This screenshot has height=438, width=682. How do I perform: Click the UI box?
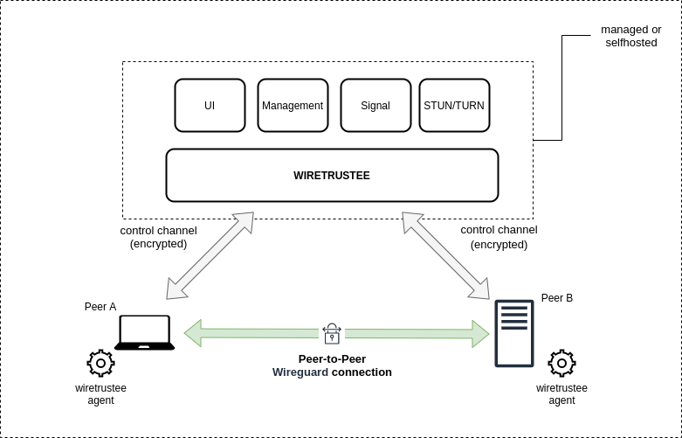pos(210,106)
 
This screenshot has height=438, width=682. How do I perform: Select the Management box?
pos(293,106)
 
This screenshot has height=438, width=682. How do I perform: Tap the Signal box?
pos(375,106)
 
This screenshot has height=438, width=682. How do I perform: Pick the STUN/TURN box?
pos(454,106)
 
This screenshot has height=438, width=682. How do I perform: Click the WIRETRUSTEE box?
pos(332,175)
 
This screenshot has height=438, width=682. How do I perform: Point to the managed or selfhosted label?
pos(630,36)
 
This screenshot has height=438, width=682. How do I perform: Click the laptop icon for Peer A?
pos(144,333)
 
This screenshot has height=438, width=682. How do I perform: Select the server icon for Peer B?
pos(514,333)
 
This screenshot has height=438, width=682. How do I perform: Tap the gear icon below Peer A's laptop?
pos(100,363)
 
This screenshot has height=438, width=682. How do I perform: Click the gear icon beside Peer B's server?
pos(561,363)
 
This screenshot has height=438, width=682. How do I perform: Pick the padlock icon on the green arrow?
pos(332,333)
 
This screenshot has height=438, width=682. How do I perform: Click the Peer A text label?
pos(100,307)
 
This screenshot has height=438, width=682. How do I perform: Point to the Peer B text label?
pos(557,298)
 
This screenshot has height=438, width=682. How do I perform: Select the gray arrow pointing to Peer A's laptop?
pos(210,255)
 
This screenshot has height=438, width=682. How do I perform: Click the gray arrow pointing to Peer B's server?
pos(445,255)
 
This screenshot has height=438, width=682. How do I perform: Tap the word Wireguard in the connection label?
pos(300,372)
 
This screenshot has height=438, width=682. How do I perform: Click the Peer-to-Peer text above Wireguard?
pos(332,359)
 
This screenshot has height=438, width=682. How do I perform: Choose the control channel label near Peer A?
pos(158,237)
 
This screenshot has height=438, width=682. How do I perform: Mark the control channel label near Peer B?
pos(499,237)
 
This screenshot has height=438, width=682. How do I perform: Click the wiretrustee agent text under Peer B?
pos(561,394)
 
